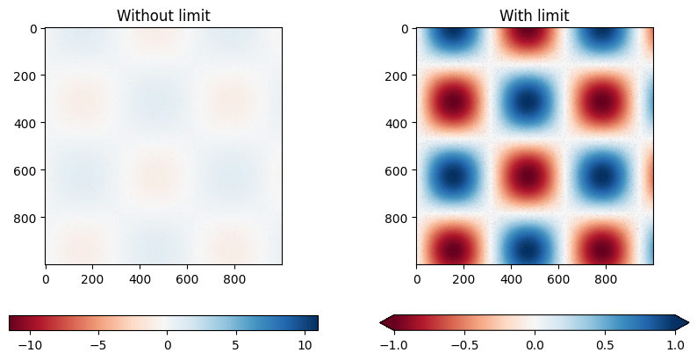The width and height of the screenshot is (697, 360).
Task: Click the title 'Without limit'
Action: [163, 15]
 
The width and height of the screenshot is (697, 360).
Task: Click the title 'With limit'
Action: [535, 15]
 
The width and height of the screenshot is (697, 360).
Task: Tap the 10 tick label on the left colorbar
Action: [303, 346]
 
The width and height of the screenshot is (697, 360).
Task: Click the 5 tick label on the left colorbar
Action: [235, 346]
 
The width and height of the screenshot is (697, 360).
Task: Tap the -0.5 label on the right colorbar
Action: [464, 346]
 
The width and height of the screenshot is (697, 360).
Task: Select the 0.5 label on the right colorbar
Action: [605, 346]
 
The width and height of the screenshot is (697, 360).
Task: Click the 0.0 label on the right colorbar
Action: [535, 346]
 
